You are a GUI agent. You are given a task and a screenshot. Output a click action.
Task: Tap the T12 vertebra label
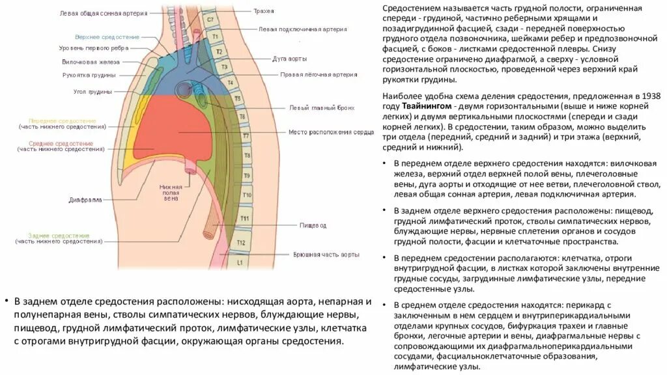241,243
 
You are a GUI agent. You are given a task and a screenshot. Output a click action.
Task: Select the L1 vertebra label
239,263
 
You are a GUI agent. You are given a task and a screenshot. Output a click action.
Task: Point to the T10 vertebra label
247,194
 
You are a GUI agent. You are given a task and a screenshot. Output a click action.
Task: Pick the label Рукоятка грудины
89,75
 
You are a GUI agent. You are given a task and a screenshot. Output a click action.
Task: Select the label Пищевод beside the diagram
313,225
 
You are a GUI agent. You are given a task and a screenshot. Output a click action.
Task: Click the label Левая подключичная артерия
302,29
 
